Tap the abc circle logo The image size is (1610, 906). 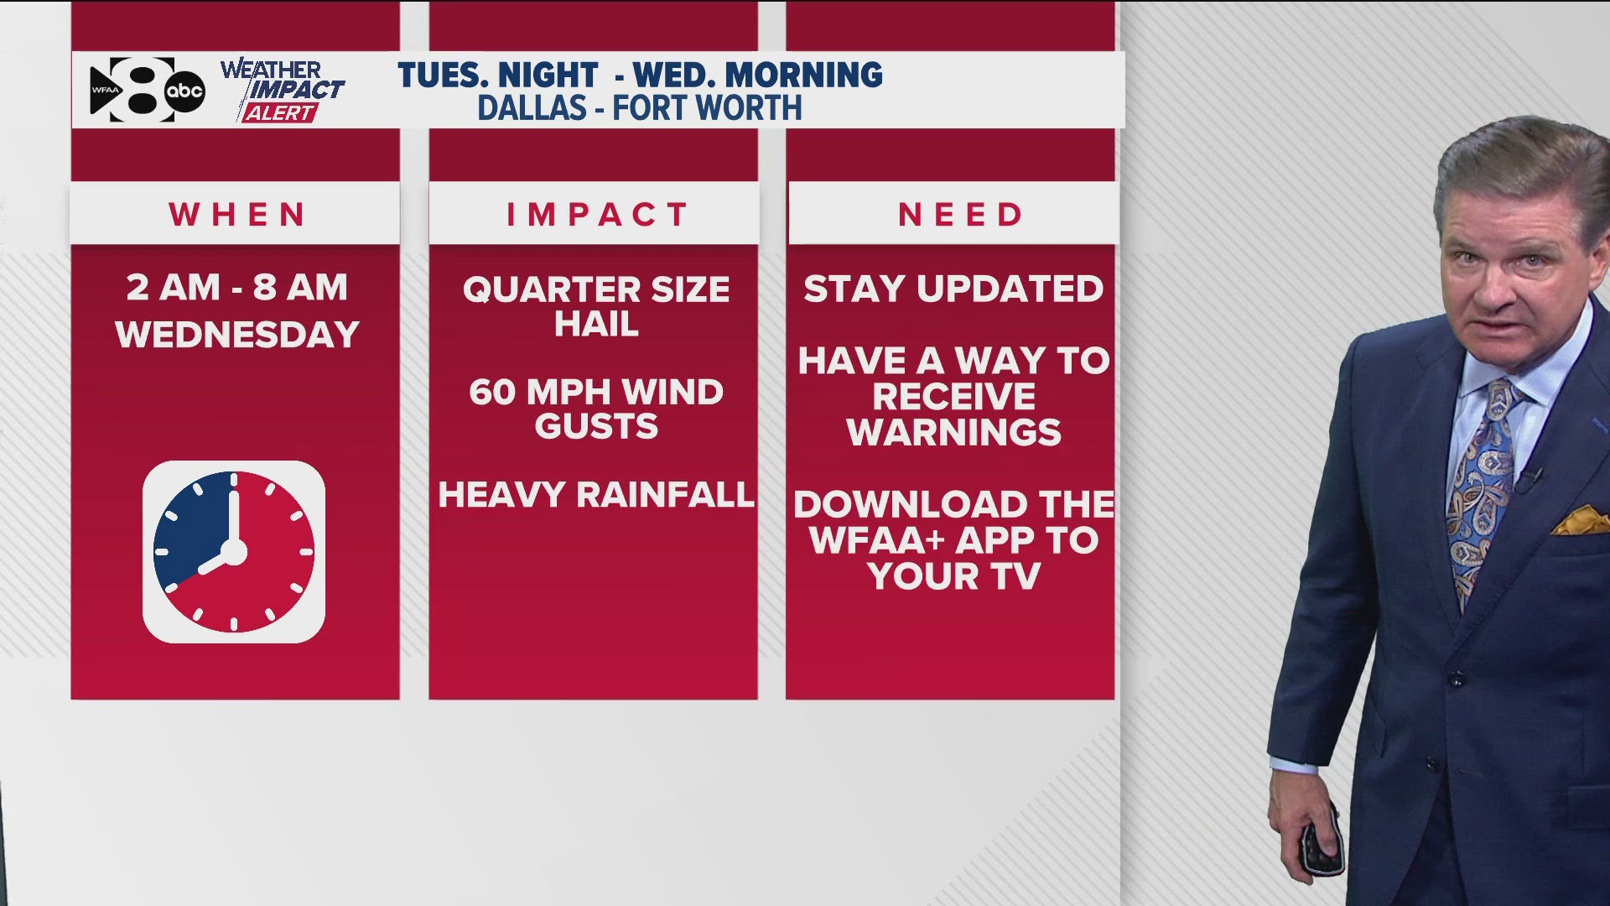184,91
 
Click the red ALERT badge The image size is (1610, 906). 280,113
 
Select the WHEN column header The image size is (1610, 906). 236,215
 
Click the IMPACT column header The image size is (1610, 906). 596,215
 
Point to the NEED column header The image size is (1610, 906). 960,215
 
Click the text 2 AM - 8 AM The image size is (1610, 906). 236,288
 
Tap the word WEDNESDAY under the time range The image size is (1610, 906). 237,336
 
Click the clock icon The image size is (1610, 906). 234,552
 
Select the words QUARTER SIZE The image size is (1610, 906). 596,290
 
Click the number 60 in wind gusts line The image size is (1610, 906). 492,393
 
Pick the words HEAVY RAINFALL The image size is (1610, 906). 596,495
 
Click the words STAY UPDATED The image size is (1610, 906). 953,289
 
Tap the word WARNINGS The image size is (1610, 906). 953,433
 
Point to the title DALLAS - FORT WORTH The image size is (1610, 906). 639,108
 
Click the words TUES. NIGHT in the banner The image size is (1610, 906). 498,75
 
